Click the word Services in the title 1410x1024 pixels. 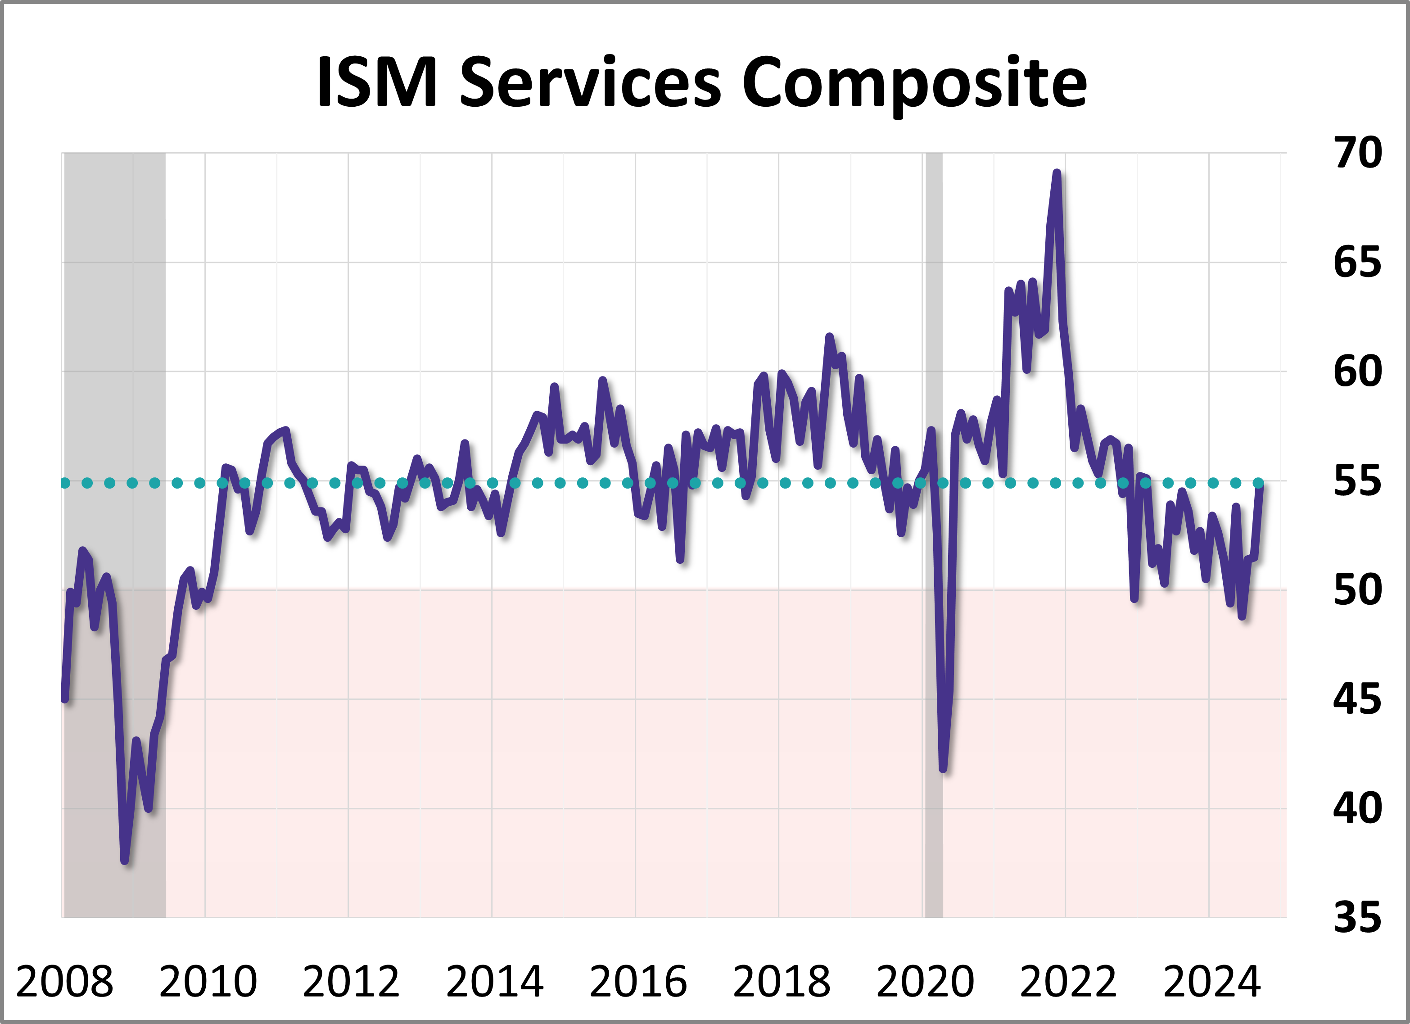tap(590, 82)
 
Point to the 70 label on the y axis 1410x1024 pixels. tap(1357, 153)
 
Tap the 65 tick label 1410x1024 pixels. tap(1357, 263)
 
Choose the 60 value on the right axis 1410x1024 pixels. tap(1357, 372)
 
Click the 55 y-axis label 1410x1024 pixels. tap(1357, 481)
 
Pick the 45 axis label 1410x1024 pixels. tap(1357, 699)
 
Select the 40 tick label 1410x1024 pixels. tap(1357, 809)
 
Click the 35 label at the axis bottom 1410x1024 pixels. tap(1357, 918)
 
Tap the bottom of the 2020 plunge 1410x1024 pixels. tap(943, 769)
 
